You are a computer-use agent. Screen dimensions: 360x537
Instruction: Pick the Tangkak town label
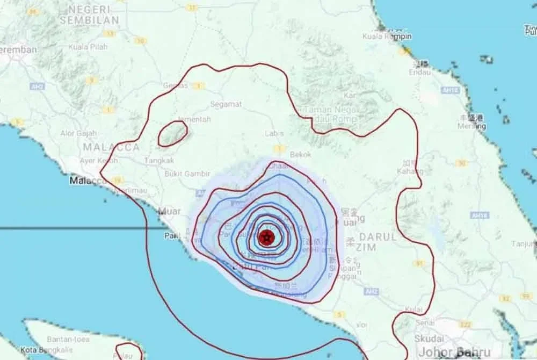click(x=158, y=160)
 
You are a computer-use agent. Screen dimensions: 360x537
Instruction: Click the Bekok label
click(x=300, y=154)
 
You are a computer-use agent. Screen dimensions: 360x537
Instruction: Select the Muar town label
click(x=170, y=211)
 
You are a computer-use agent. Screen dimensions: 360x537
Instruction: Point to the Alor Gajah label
click(x=78, y=133)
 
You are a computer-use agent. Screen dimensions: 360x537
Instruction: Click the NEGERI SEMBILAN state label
click(x=89, y=15)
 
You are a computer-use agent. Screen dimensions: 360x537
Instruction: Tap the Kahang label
click(x=411, y=171)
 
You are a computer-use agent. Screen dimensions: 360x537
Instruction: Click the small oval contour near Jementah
click(x=172, y=133)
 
